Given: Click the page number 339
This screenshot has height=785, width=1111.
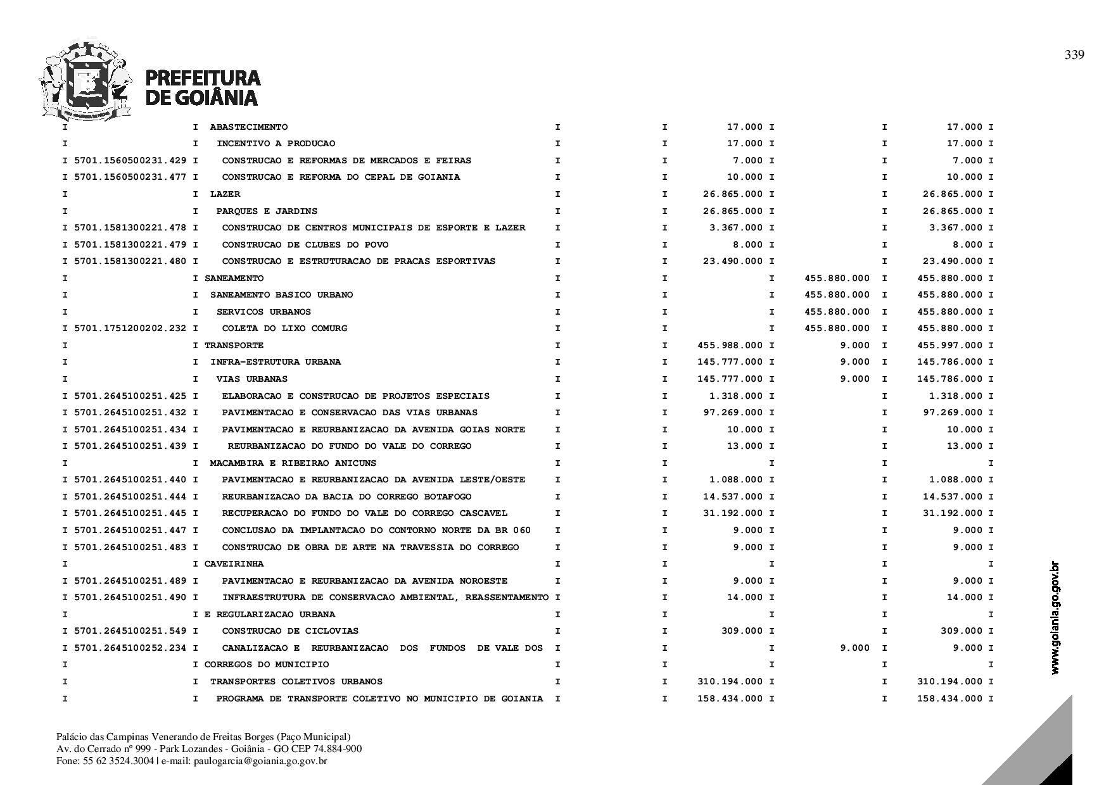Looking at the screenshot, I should tap(1074, 55).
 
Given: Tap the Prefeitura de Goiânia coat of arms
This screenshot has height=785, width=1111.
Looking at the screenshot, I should tap(86, 80).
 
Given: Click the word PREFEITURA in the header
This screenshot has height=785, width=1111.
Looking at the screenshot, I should tap(203, 78).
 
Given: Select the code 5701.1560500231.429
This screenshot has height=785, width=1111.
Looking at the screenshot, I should tap(130, 160).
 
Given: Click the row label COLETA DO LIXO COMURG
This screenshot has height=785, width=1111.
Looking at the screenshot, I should tap(284, 328).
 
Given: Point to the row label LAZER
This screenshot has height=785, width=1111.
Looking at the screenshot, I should tap(225, 194).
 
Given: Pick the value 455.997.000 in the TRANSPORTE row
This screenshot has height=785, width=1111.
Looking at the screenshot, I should tap(950, 345).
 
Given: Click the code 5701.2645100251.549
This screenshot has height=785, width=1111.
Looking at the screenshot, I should tap(130, 631).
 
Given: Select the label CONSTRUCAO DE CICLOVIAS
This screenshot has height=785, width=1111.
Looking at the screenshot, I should tap(290, 631).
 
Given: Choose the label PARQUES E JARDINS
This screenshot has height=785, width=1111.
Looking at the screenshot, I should tap(267, 211).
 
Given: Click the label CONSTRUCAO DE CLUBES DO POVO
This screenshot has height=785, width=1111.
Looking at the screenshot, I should tap(305, 244).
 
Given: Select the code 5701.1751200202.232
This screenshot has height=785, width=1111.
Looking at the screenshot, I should tap(130, 328).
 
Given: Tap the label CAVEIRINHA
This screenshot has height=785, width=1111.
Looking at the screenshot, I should tap(234, 563).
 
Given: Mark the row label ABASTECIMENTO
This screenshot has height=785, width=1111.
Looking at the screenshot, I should tap(248, 127).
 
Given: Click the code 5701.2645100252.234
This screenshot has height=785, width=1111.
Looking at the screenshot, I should tap(130, 648).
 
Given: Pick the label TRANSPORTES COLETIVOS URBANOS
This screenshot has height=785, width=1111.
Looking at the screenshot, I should tap(296, 681).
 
